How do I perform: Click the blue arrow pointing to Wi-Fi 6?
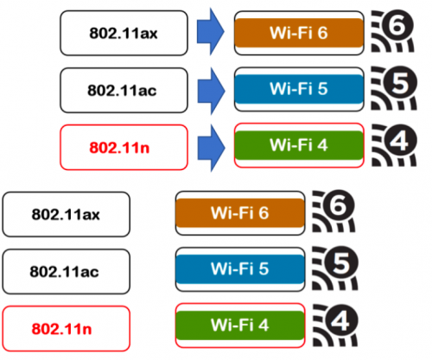click(211, 32)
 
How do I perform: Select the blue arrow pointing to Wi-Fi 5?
click(211, 91)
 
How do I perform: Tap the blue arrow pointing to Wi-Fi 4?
click(211, 148)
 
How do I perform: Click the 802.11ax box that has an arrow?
click(124, 33)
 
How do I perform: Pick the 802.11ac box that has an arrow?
click(124, 91)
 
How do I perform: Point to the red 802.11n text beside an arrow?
click(119, 148)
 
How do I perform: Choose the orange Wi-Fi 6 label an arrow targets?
click(299, 33)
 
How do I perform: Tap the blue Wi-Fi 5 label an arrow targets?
click(299, 89)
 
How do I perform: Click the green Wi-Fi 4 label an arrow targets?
click(299, 145)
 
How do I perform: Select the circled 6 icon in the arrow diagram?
click(393, 31)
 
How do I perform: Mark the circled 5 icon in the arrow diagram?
click(394, 88)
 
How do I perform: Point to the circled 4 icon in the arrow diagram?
click(394, 145)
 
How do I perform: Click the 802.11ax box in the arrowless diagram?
click(67, 214)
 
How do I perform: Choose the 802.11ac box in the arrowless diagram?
click(67, 272)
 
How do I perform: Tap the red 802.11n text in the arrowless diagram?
click(61, 329)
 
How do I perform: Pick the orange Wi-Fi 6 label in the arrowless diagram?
click(240, 213)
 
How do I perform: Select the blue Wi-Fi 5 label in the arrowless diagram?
click(240, 268)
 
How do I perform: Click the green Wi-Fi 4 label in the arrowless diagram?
click(240, 325)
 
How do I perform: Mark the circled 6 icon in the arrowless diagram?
click(334, 211)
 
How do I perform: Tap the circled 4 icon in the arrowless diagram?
click(335, 325)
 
